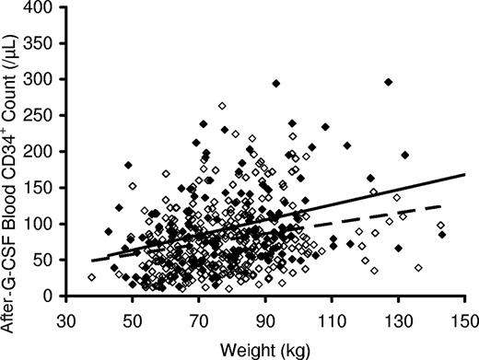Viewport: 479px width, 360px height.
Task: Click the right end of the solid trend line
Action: point(464,174)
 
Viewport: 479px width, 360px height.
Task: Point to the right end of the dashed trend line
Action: point(442,205)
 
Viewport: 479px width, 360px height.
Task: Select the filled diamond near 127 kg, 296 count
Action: point(389,82)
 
